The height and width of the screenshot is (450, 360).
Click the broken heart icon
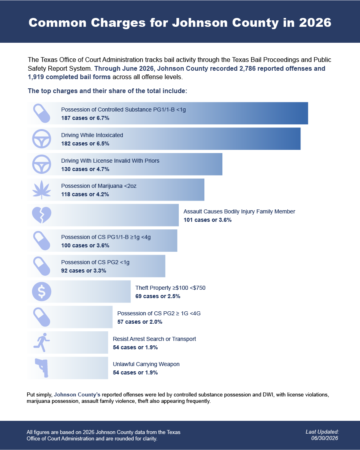pyautogui.click(x=42, y=215)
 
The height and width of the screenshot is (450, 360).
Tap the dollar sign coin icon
pyautogui.click(x=42, y=292)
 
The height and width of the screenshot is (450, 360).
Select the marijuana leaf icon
pyautogui.click(x=42, y=190)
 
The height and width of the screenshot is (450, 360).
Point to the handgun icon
pyautogui.click(x=42, y=368)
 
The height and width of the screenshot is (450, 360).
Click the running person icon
pyautogui.click(x=42, y=342)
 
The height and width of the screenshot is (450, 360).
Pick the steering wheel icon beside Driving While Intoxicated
pyautogui.click(x=42, y=139)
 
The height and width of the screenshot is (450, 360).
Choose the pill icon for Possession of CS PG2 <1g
pyautogui.click(x=42, y=266)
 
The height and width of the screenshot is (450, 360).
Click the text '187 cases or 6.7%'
pyautogui.click(x=85, y=118)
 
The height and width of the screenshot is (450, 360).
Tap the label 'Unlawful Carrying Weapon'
pyautogui.click(x=146, y=364)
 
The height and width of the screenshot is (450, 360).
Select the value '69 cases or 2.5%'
pyautogui.click(x=158, y=296)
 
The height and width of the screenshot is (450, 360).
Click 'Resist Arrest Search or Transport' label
pyautogui.click(x=154, y=339)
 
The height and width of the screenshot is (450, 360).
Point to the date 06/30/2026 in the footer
pyautogui.click(x=325, y=438)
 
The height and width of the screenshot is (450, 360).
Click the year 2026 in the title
pyautogui.click(x=315, y=23)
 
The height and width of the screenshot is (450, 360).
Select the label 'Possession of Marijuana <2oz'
pyautogui.click(x=98, y=186)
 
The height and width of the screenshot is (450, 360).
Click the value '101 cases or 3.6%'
pyautogui.click(x=208, y=220)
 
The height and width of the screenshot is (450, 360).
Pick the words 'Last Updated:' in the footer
pyautogui.click(x=322, y=432)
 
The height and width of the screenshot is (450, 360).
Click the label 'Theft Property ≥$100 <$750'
pyautogui.click(x=170, y=288)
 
